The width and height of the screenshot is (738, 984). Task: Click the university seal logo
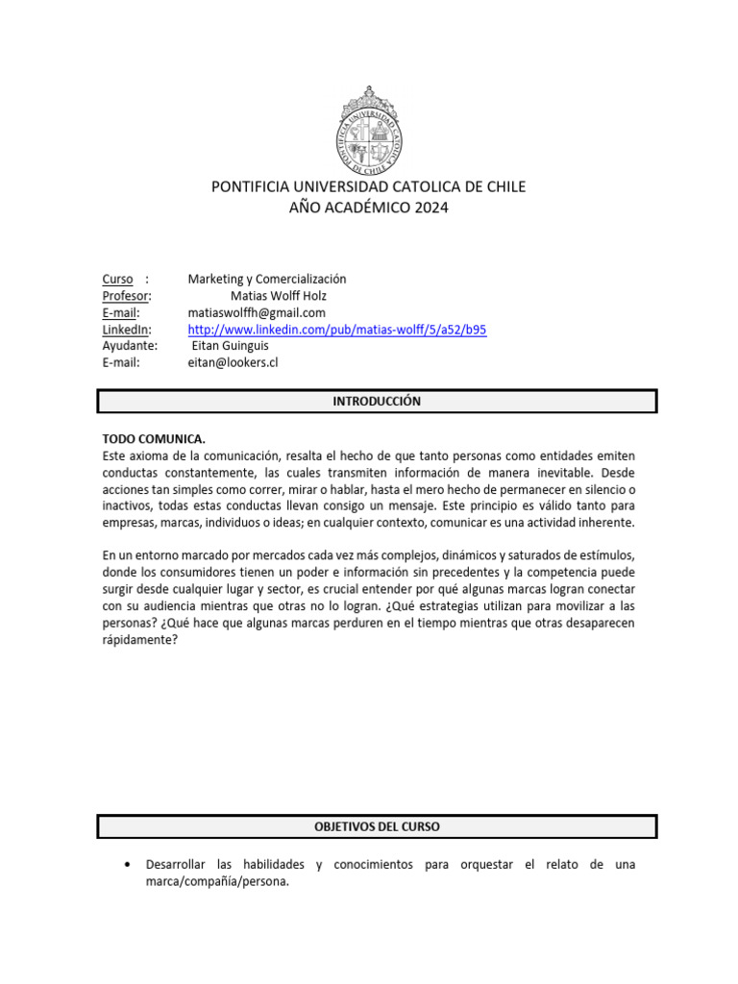coord(369,127)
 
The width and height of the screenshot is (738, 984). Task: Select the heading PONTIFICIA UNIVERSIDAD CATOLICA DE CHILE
coord(369,186)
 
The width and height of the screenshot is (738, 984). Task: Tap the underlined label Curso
coord(118,279)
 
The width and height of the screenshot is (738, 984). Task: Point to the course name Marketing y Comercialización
coord(267,279)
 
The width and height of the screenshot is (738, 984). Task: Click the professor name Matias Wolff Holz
coord(279,296)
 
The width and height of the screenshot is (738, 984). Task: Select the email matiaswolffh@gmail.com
coord(257,312)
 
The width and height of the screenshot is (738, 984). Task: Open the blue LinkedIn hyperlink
coord(337,330)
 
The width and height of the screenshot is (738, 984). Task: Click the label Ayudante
coord(130,346)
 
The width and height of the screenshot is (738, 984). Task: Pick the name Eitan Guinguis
coord(231,346)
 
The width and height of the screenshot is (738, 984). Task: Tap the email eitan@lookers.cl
coord(233,362)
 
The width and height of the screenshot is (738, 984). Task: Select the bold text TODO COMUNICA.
coord(154,438)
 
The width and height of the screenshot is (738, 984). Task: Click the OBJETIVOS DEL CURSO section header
coord(377,826)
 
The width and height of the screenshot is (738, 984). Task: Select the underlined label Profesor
coord(126,296)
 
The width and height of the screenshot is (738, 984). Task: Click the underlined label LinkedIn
coord(127,330)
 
